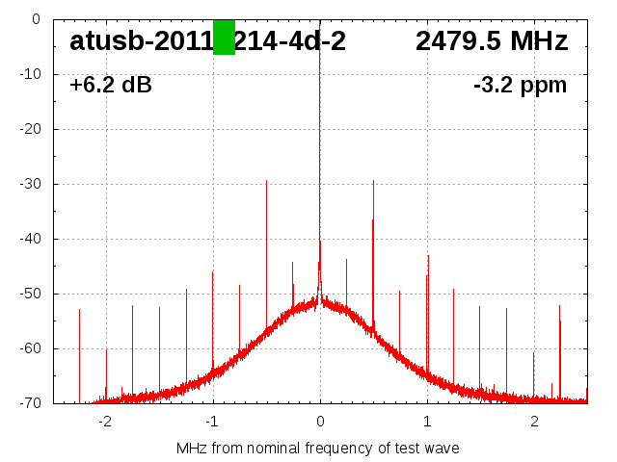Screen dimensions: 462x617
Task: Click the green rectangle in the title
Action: (224, 38)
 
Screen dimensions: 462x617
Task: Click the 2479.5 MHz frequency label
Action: (492, 41)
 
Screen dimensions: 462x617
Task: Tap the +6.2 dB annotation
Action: (110, 86)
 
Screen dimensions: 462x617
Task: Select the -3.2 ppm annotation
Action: (520, 86)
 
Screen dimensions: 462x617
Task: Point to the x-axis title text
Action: (317, 449)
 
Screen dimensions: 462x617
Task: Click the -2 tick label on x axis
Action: (105, 422)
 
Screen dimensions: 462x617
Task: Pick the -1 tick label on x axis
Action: (212, 422)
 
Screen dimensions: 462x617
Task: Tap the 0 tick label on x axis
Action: (320, 422)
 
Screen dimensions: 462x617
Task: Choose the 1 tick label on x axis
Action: (427, 422)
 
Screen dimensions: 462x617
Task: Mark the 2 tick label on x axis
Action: (534, 422)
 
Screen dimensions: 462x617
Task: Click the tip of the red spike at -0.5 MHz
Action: (266, 180)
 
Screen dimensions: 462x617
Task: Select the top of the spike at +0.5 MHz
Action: (373, 180)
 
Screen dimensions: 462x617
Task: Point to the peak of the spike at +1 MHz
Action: (428, 256)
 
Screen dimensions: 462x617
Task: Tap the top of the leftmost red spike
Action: (79, 309)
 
